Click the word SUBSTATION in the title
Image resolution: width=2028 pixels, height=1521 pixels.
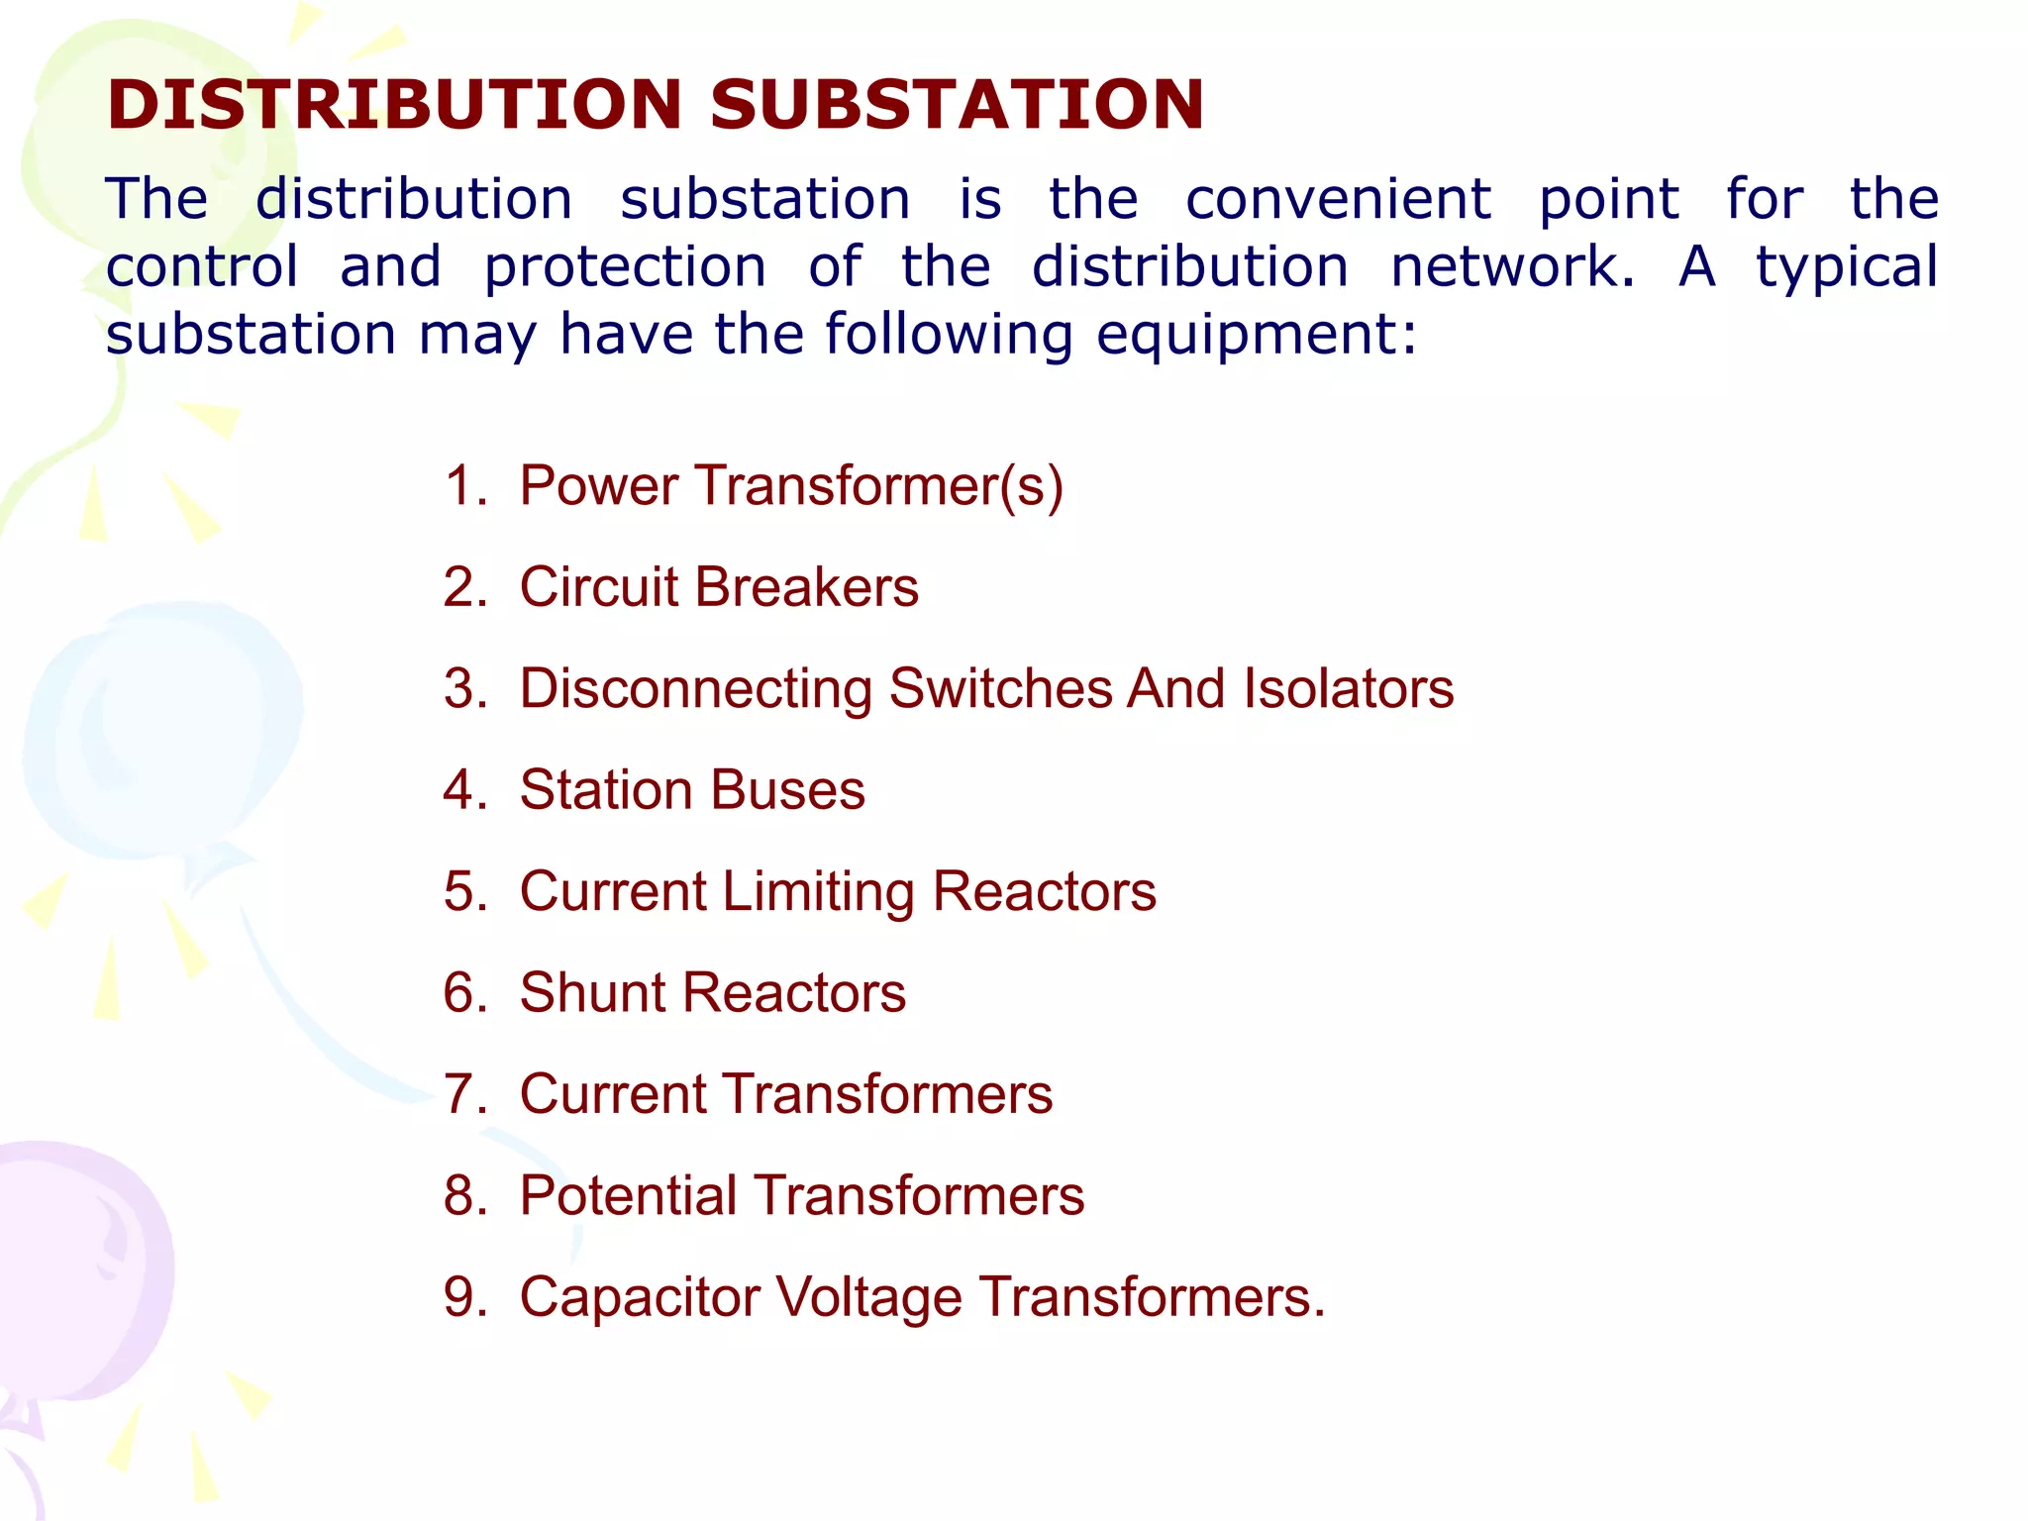point(957,105)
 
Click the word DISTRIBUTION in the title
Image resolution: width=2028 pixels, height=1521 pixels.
point(394,105)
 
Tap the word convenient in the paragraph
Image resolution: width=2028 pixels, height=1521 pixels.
point(1338,199)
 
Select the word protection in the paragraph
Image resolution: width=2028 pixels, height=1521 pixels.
point(625,267)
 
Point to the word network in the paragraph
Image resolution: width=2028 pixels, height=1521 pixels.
point(1512,267)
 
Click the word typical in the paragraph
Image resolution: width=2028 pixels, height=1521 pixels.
point(1847,267)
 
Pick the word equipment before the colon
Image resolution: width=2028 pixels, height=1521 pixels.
point(1256,335)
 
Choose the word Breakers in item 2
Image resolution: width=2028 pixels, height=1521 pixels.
point(806,587)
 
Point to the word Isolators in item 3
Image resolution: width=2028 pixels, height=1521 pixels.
point(1349,688)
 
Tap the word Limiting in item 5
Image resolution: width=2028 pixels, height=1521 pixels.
point(818,891)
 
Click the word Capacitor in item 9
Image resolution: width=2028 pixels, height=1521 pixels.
point(639,1297)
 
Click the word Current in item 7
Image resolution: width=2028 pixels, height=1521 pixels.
point(614,1094)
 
